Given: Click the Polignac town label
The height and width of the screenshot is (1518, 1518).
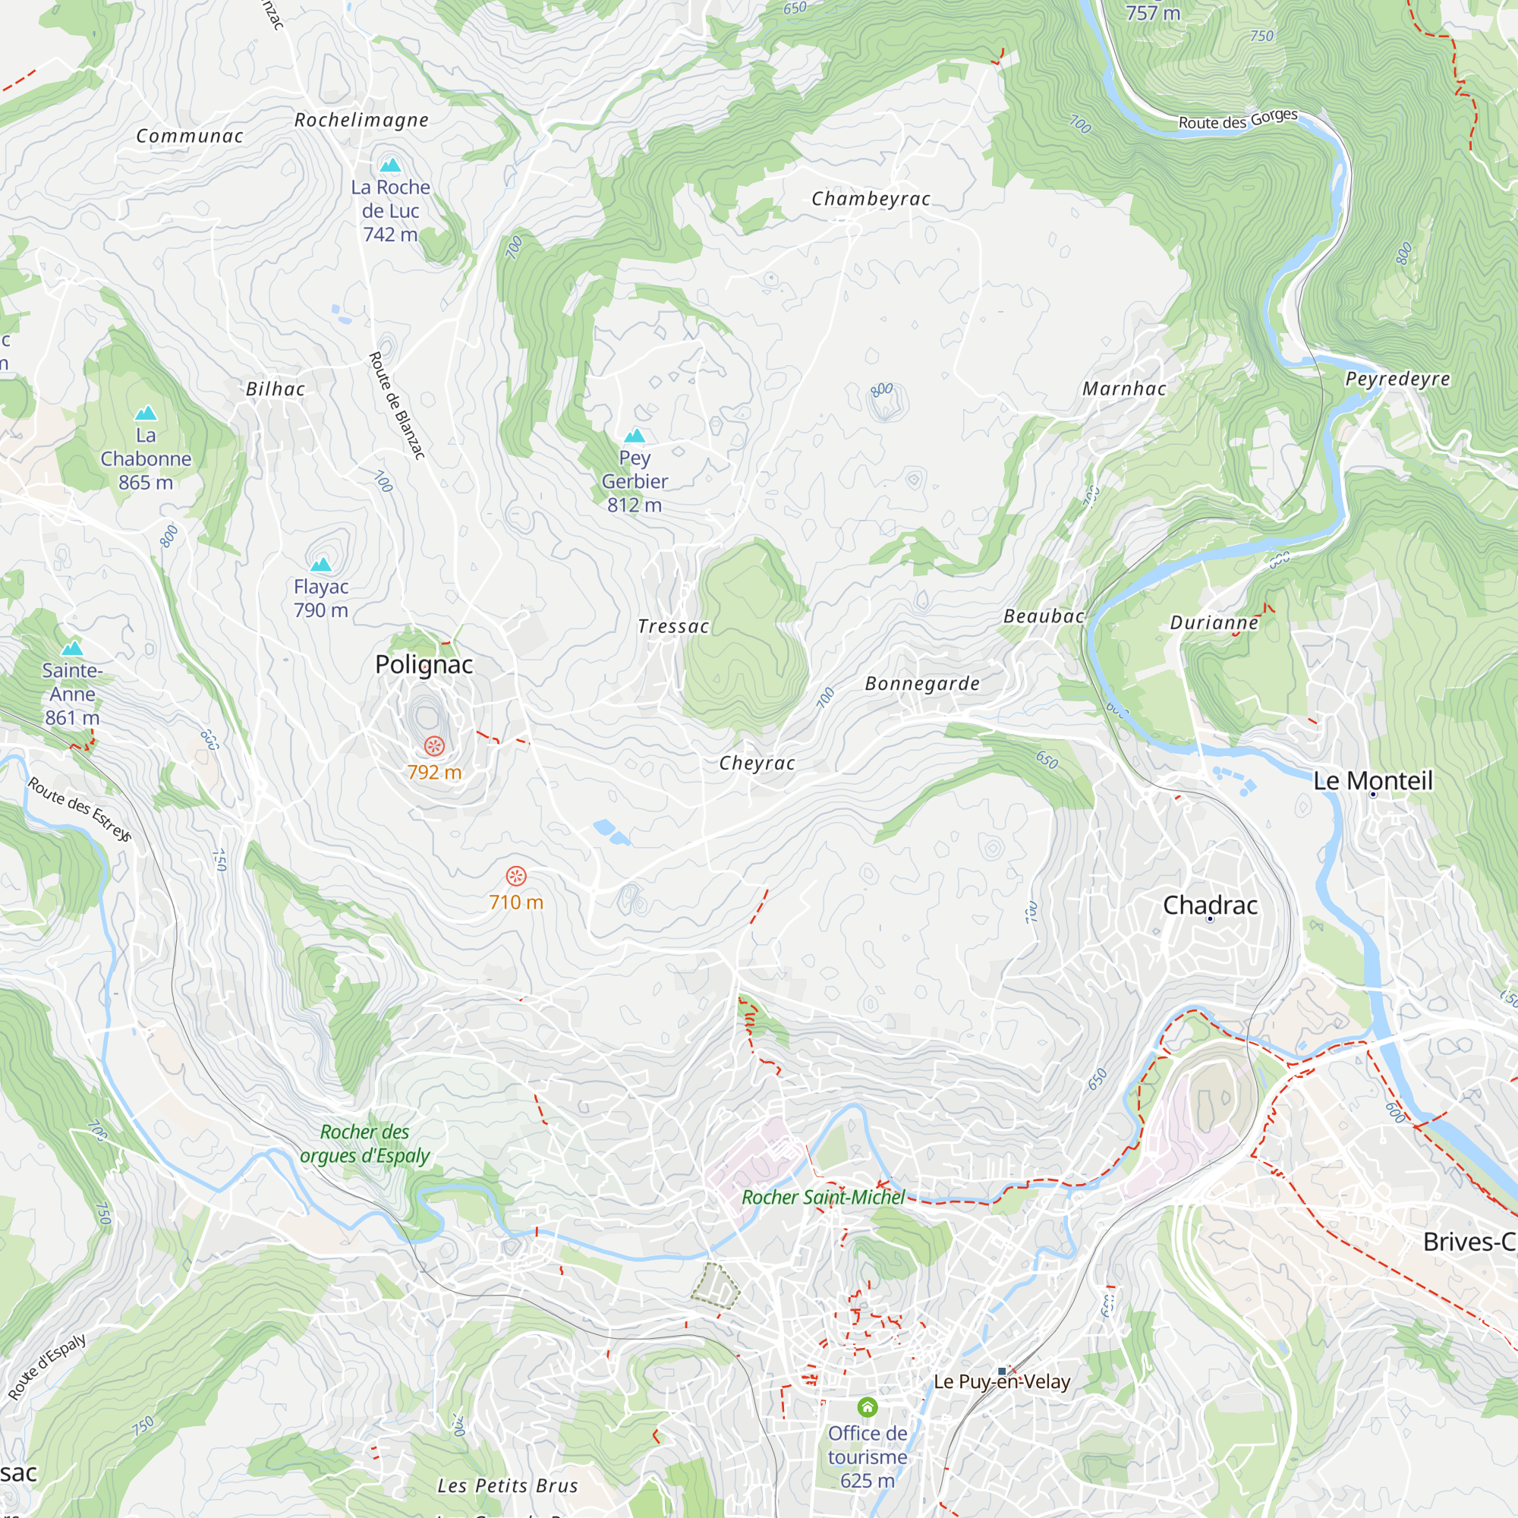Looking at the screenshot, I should (x=424, y=665).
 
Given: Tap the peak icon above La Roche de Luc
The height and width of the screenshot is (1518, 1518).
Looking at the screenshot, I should (x=389, y=165).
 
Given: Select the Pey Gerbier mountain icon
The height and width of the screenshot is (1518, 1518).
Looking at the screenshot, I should (x=634, y=436).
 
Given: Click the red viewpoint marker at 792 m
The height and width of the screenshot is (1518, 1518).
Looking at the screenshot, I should (x=433, y=745).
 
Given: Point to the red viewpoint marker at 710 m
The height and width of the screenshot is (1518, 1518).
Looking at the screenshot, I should (x=515, y=875).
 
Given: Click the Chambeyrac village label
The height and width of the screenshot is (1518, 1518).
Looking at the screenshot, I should (x=871, y=199).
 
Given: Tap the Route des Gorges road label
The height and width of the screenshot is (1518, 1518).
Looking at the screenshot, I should (x=1237, y=119).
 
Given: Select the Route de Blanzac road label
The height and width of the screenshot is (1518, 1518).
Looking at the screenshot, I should (x=397, y=405).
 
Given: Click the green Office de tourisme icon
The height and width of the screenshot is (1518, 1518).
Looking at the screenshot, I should (x=867, y=1406).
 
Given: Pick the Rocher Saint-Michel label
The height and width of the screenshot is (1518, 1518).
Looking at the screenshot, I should (x=824, y=1198).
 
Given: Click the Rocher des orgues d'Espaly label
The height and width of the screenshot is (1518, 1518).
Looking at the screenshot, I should (x=364, y=1143).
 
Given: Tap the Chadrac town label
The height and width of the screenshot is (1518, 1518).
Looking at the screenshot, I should (x=1210, y=905).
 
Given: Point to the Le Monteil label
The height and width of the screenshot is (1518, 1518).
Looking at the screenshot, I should (x=1372, y=780).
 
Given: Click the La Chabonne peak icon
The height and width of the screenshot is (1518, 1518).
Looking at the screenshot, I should (x=146, y=414).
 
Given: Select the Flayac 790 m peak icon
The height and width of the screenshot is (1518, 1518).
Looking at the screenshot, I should (x=320, y=564).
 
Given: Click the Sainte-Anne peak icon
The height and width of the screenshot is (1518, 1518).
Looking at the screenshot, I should (x=72, y=648).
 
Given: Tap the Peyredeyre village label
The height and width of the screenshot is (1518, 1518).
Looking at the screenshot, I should (x=1397, y=379).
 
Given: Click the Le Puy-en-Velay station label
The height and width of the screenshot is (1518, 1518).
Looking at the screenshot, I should (x=1002, y=1381).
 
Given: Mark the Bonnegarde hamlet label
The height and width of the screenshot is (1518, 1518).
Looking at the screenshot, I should (x=921, y=684).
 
